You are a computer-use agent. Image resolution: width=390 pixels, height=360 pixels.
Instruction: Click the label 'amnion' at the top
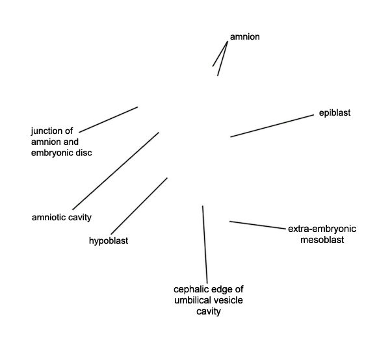point(245,37)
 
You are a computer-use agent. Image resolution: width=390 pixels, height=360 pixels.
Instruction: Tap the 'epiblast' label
point(335,113)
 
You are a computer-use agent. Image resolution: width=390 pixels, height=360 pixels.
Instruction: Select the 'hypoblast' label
point(109,240)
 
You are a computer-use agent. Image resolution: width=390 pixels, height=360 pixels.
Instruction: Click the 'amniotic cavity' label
point(62,217)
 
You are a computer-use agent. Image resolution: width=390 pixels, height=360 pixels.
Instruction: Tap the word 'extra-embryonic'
point(322,229)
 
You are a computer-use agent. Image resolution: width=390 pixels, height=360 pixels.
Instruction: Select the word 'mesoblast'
point(322,240)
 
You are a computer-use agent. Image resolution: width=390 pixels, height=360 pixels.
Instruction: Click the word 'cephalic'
point(190,289)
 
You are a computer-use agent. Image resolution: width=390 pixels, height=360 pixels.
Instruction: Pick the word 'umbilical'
point(190,300)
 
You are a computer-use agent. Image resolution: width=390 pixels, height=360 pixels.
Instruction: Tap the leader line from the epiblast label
point(272,126)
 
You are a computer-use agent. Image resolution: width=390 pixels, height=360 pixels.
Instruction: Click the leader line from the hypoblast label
point(139,206)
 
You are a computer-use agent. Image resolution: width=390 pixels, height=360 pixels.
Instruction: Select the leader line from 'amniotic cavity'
point(116,171)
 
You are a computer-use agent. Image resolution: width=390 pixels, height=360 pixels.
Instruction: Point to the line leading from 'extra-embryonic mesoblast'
point(257,225)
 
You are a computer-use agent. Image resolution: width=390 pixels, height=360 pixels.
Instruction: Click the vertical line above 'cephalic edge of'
point(205,244)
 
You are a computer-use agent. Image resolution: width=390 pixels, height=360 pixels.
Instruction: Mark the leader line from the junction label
point(109,120)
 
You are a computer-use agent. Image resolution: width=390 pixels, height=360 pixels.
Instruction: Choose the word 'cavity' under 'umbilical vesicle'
point(209,311)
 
